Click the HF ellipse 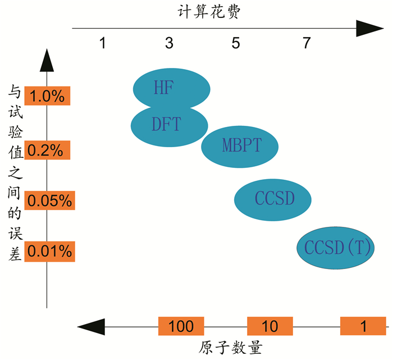click(172, 88)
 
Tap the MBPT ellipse click(240, 145)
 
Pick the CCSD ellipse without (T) click(273, 199)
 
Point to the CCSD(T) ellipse click(336, 248)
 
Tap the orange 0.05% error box click(50, 200)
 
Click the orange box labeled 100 click(181, 326)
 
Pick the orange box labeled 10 click(270, 326)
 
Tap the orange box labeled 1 click(363, 326)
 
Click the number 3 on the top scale click(169, 43)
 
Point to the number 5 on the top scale click(237, 43)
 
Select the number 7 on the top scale click(307, 43)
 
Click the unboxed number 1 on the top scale click(102, 43)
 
